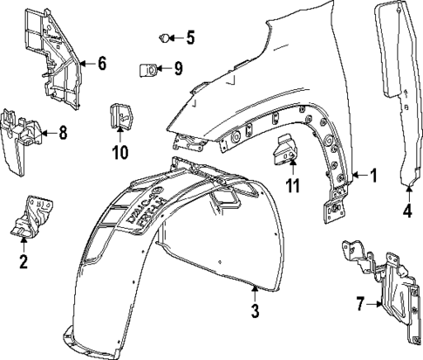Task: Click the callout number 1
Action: (x=373, y=176)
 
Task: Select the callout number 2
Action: (x=24, y=260)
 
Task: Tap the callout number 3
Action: (x=255, y=311)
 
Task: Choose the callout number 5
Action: (x=190, y=37)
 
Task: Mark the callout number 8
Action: (x=62, y=133)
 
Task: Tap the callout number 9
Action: (x=177, y=67)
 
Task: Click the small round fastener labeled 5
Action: (x=164, y=37)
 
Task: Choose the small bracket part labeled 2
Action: (x=30, y=218)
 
